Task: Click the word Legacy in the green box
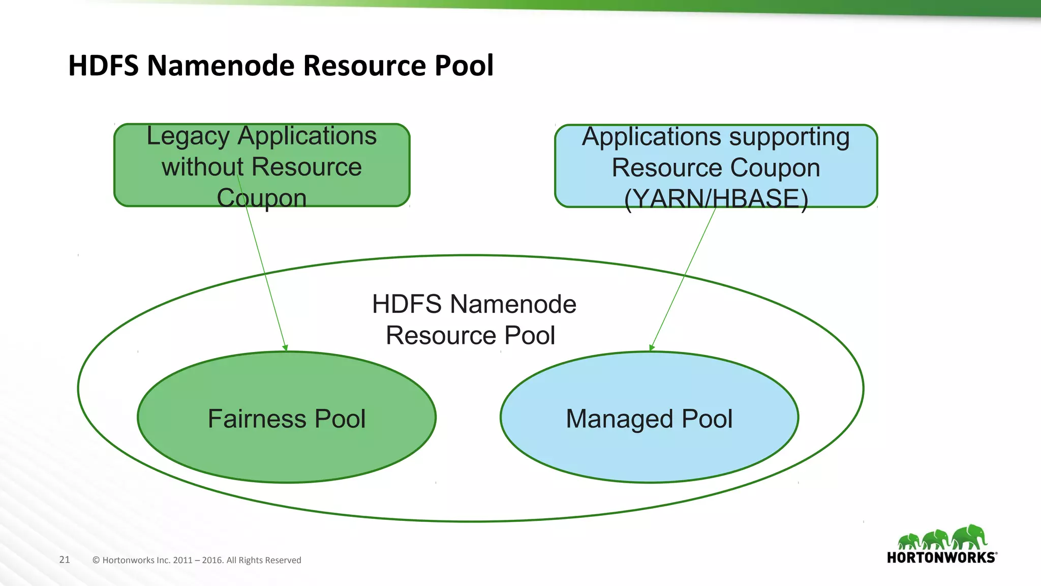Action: click(188, 136)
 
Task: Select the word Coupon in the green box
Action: click(261, 198)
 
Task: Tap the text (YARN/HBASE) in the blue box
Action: click(716, 199)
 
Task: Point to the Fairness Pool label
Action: click(286, 419)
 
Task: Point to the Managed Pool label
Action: click(649, 419)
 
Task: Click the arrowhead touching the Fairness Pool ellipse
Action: click(285, 348)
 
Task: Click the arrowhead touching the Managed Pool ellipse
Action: click(652, 348)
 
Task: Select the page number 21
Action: click(65, 560)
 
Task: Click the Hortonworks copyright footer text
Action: click(197, 560)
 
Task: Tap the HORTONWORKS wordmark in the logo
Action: click(941, 558)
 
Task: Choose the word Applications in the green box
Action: click(307, 136)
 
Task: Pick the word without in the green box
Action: click(202, 167)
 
